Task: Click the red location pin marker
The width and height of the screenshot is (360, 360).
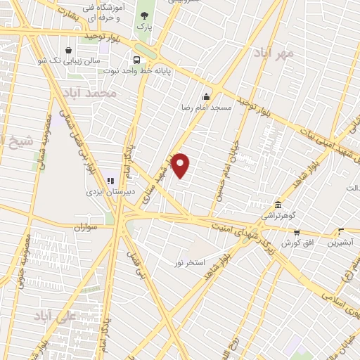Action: (x=181, y=165)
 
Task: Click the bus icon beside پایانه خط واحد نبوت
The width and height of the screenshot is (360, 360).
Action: (x=137, y=60)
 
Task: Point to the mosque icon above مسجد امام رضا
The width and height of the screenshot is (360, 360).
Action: (x=206, y=97)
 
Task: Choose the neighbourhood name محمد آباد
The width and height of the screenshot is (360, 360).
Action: (x=88, y=92)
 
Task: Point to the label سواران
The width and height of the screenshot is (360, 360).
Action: (x=83, y=228)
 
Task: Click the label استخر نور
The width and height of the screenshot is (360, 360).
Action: (x=190, y=262)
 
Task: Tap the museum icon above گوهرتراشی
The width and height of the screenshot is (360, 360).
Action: (x=278, y=203)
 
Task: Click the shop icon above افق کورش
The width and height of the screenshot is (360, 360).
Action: (x=297, y=233)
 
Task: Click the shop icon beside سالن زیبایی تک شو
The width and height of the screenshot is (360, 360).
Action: (x=68, y=50)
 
